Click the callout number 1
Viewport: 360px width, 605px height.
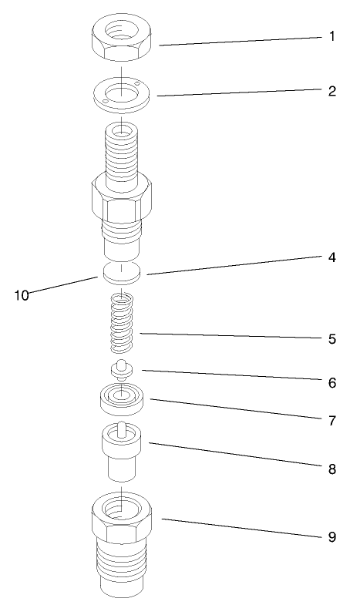[x=332, y=37]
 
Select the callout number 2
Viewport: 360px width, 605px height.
[x=332, y=90]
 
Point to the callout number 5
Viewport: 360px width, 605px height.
[x=332, y=338]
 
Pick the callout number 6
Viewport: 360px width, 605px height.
[x=332, y=381]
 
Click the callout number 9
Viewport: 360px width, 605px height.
[x=332, y=536]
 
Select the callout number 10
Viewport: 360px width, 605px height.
[x=21, y=294]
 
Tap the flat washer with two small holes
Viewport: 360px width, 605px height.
[x=122, y=95]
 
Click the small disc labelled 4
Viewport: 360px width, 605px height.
[x=122, y=271]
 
